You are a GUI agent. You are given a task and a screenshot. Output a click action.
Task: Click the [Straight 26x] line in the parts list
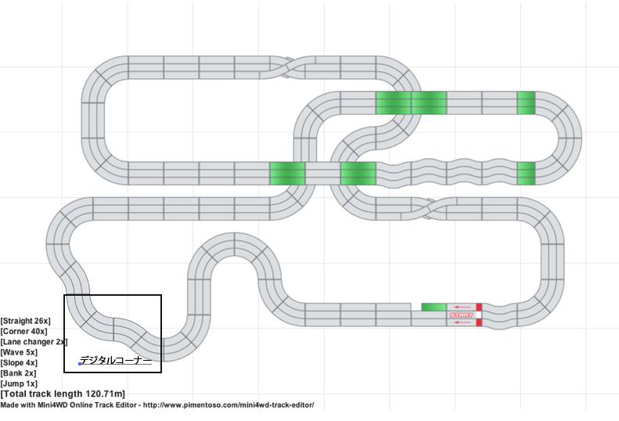[x=26, y=321]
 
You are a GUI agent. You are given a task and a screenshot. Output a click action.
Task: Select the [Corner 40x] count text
[x=24, y=332]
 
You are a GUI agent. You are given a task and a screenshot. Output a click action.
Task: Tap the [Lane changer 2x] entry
[x=34, y=342]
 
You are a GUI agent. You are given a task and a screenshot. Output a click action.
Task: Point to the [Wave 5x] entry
[x=19, y=352]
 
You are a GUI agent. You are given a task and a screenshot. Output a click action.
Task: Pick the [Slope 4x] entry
[x=20, y=363]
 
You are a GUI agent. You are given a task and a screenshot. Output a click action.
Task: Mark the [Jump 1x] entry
[x=20, y=383]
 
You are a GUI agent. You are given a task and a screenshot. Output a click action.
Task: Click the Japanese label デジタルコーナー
[x=116, y=360]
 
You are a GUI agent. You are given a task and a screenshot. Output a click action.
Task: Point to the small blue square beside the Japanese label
[x=80, y=364]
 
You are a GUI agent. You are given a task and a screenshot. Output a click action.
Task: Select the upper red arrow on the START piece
[x=462, y=307]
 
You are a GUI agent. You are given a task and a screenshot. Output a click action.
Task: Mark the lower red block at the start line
[x=479, y=322]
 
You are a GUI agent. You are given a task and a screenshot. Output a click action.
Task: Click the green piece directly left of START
[x=434, y=307]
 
